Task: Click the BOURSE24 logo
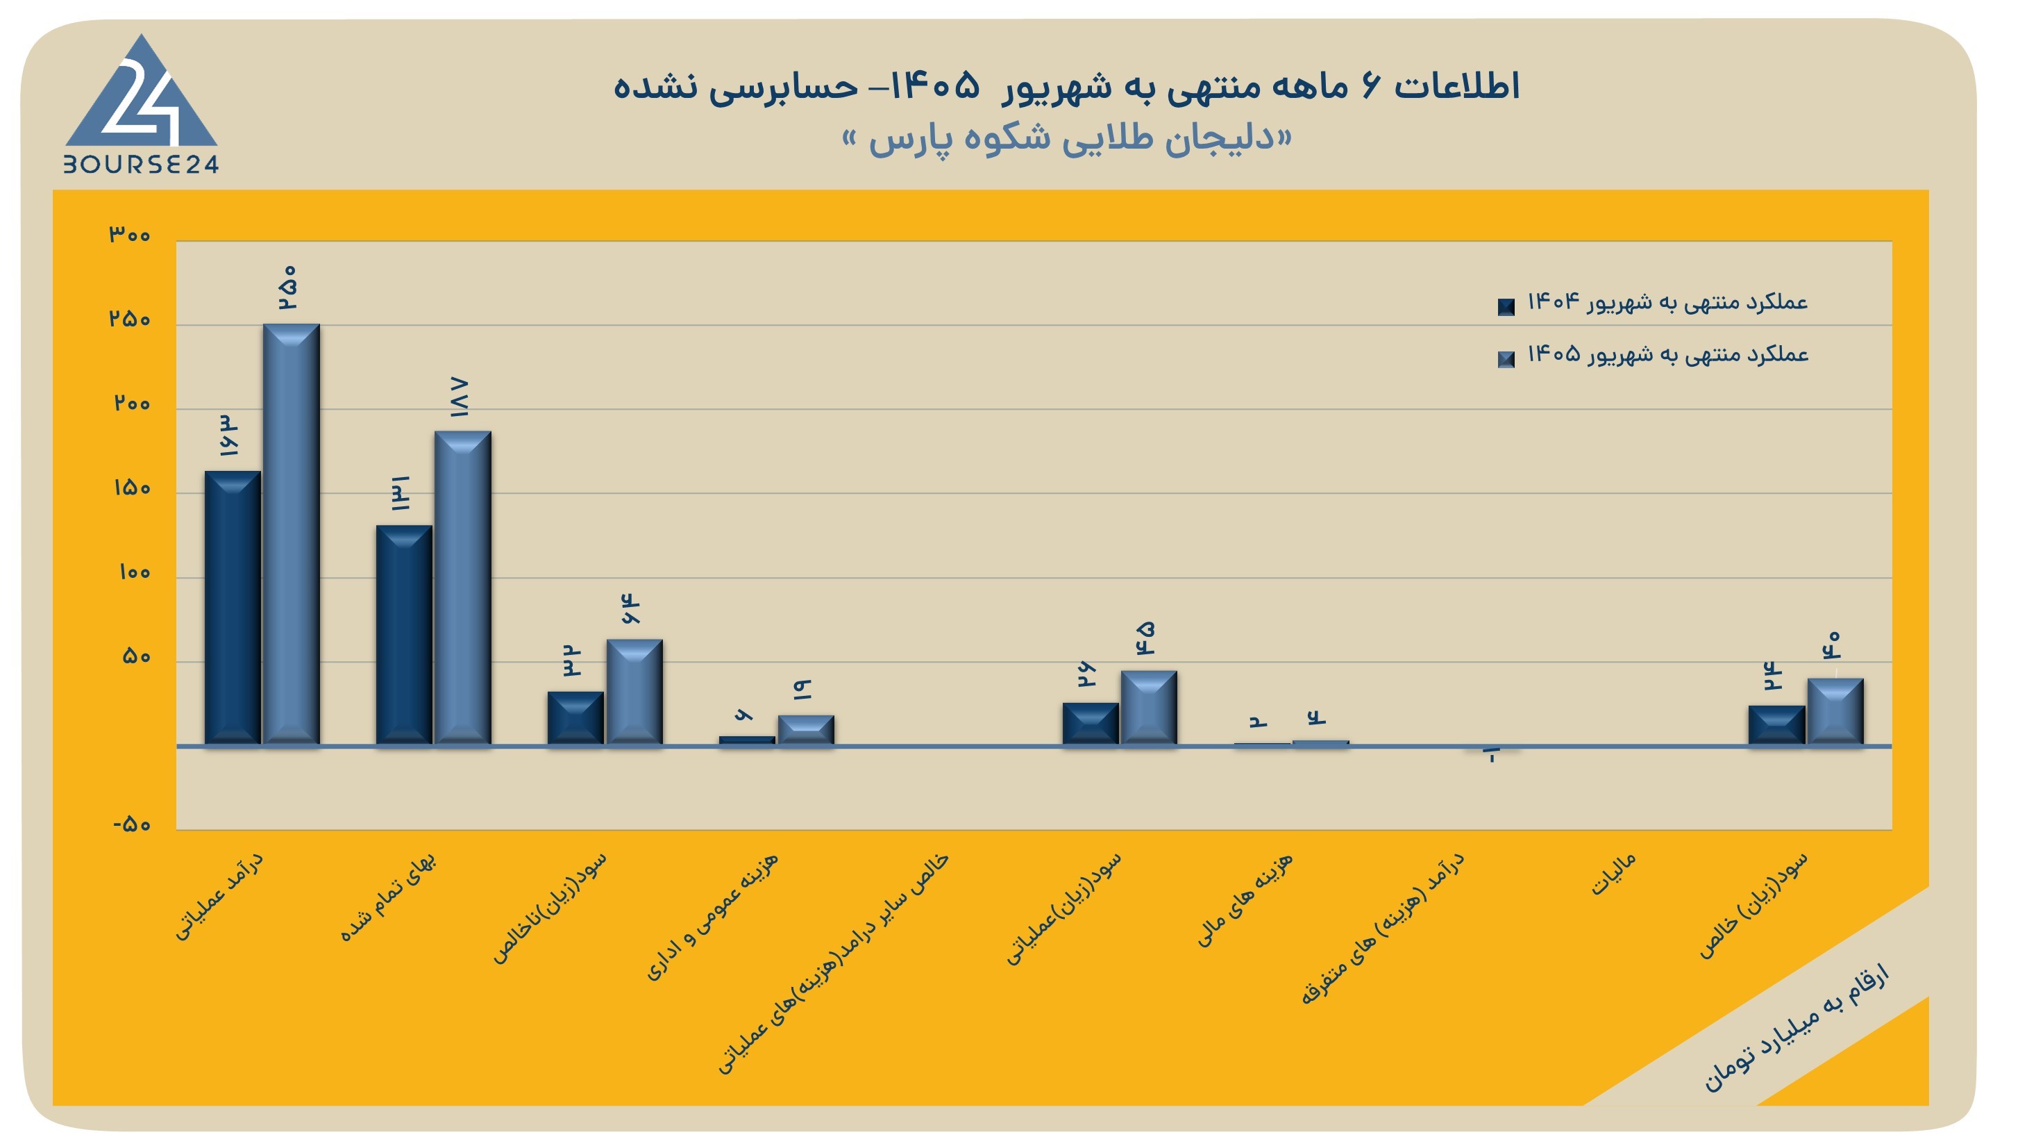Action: point(141,103)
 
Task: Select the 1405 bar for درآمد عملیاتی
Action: point(291,535)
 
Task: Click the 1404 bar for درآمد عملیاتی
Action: point(233,608)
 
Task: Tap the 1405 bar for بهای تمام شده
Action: point(462,588)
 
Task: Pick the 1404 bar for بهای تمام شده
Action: point(404,635)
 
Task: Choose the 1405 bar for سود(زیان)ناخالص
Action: point(634,692)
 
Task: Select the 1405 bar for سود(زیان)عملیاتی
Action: point(1148,708)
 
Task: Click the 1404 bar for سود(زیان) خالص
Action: point(1776,725)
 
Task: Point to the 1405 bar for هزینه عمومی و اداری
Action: point(805,730)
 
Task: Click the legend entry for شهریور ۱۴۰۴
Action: point(1653,303)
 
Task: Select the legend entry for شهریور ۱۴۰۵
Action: point(1653,355)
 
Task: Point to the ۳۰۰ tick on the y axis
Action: point(130,235)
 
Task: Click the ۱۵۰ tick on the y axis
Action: point(132,488)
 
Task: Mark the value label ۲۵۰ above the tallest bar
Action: point(287,287)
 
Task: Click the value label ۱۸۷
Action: point(460,397)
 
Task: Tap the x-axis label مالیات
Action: point(1613,874)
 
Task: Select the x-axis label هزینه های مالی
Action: point(1244,899)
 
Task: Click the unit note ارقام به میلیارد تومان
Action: point(1796,1028)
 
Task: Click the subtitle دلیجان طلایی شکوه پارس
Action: point(1067,139)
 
